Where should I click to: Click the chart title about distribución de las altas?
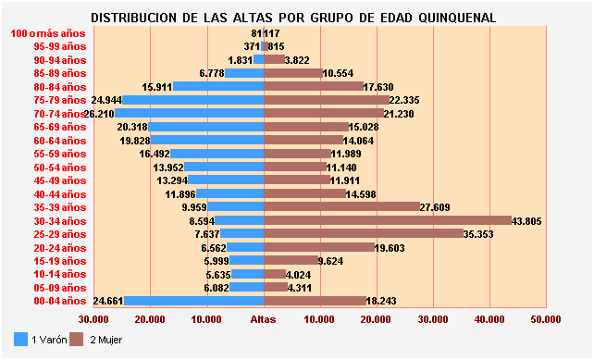click(293, 18)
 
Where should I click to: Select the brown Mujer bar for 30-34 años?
click(388, 220)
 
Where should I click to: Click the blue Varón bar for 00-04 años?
click(194, 301)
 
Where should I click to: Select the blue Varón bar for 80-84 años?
click(219, 86)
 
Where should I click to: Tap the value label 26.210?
click(99, 113)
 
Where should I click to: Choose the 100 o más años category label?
click(48, 33)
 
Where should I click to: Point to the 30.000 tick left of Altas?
click(93, 319)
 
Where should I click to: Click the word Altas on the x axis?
click(264, 319)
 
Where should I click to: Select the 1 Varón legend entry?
click(43, 340)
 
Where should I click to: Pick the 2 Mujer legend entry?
click(103, 340)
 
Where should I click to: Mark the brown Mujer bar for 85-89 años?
click(292, 73)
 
